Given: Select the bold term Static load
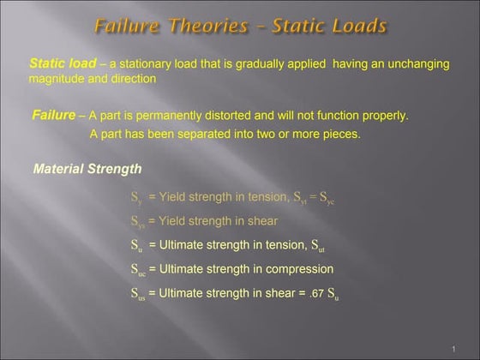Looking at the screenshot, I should pyautogui.click(x=63, y=63).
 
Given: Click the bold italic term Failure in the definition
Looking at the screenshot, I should pyautogui.click(x=53, y=115).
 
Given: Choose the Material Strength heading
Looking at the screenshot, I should pyautogui.click(x=87, y=169).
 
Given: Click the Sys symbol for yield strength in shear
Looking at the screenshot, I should pyautogui.click(x=137, y=221).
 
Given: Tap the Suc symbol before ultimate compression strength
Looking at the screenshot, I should pyautogui.click(x=138, y=270).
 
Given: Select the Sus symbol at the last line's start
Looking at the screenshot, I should pyautogui.click(x=138, y=294).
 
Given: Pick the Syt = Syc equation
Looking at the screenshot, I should pyautogui.click(x=314, y=197).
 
